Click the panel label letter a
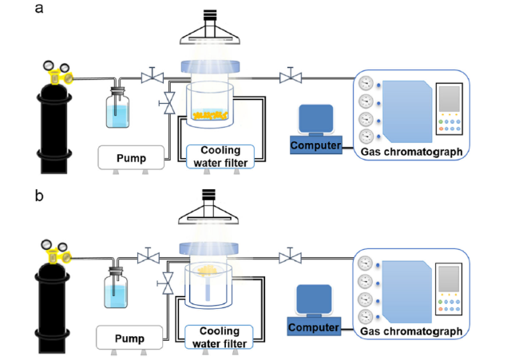tap(39, 8)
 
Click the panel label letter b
tap(39, 196)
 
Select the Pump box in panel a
tap(131, 157)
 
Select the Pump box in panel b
tap(129, 338)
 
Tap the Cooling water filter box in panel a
tap(220, 156)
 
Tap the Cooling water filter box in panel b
tap(219, 337)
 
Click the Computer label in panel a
tap(315, 145)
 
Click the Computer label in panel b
tap(314, 327)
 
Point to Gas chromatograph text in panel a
tap(411, 152)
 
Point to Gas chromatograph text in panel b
tap(411, 331)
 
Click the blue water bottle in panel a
tap(117, 108)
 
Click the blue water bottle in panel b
tap(116, 288)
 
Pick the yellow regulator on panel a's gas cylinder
tap(60, 77)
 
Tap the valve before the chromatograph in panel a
tap(291, 77)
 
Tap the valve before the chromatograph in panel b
tap(291, 256)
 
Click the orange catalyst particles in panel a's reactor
tap(211, 115)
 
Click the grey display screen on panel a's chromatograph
tap(450, 99)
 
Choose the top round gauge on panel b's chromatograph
tap(365, 263)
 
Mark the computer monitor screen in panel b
tap(314, 299)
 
